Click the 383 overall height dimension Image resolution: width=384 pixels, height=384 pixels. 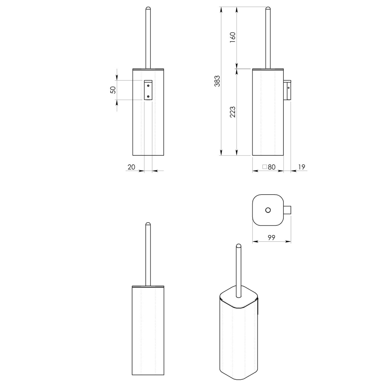(x=217, y=81)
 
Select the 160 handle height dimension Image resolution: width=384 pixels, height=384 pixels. (x=232, y=37)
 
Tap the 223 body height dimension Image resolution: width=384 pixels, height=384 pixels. (x=232, y=112)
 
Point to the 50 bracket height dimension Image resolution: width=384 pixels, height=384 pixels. (x=113, y=90)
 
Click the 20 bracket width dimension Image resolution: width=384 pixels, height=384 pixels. (x=131, y=167)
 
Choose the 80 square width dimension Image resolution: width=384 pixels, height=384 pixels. (x=272, y=167)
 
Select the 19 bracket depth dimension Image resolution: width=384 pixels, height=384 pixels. (x=302, y=167)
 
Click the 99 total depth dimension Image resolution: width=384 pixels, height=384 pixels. (x=271, y=238)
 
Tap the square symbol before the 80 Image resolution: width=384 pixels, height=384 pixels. (x=265, y=167)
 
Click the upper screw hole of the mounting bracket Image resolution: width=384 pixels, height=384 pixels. (x=148, y=86)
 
